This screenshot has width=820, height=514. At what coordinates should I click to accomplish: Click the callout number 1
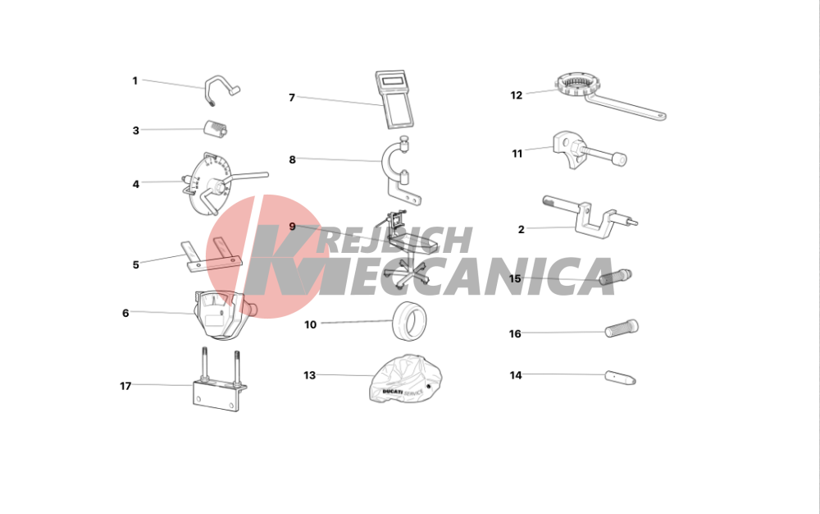click(x=135, y=80)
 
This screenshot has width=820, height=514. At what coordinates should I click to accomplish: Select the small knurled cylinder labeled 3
click(x=216, y=129)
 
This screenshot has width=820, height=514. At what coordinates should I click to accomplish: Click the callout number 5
click(x=136, y=265)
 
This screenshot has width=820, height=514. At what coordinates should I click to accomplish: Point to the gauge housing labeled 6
click(x=222, y=314)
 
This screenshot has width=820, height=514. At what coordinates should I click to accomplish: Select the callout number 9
click(x=293, y=227)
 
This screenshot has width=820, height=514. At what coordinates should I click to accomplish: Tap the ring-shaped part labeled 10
click(x=408, y=320)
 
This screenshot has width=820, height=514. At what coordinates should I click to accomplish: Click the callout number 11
click(x=517, y=154)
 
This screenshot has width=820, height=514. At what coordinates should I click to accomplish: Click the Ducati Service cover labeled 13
click(x=406, y=379)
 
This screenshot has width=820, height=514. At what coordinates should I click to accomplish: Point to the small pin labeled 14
click(x=620, y=378)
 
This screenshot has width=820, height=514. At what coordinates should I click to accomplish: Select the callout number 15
click(x=515, y=278)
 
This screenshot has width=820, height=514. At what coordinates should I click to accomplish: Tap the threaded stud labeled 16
click(x=622, y=328)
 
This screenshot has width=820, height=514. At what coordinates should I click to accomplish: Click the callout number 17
click(x=125, y=386)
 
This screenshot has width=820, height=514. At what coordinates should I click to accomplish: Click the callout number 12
click(x=516, y=95)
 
